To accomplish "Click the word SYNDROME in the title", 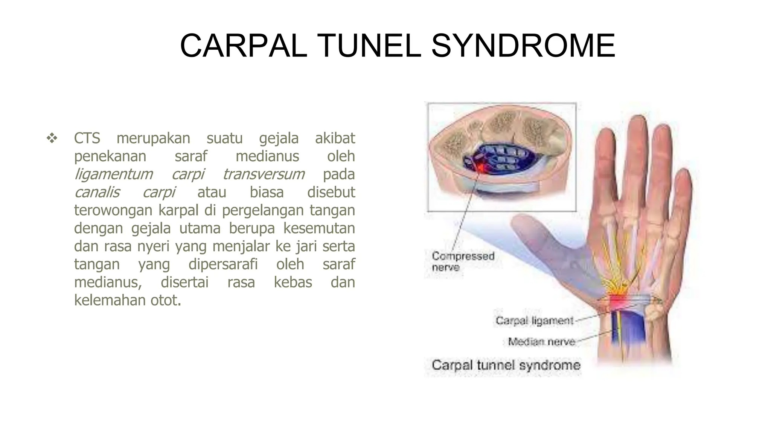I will coord(523,46).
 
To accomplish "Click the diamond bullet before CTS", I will coord(52,138).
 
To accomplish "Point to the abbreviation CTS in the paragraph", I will coord(87,138).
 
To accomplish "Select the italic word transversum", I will coord(264,174).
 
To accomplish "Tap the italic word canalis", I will coord(97,192).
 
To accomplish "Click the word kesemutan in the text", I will coord(319,228).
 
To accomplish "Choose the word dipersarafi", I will coord(223,264).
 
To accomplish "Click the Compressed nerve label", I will coord(462,261).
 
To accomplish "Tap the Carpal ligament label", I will coord(534,321).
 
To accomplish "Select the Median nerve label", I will coord(541,342).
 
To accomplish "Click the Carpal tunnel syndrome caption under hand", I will coord(506,365).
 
